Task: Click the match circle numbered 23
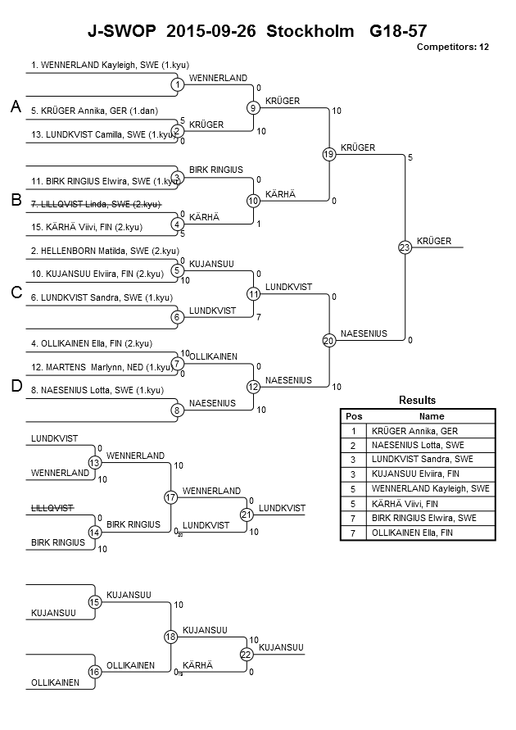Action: coord(405,247)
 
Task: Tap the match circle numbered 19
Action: coord(328,154)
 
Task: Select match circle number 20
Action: coord(328,340)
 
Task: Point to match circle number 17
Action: coord(170,497)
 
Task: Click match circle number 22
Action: coord(247,654)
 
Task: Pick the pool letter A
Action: coord(15,107)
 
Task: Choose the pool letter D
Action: coord(15,387)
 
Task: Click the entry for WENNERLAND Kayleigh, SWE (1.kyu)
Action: coord(101,63)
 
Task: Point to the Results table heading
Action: coord(417,400)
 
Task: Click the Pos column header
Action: coord(354,416)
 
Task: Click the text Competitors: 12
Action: coord(452,47)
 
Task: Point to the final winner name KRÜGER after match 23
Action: coord(433,241)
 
